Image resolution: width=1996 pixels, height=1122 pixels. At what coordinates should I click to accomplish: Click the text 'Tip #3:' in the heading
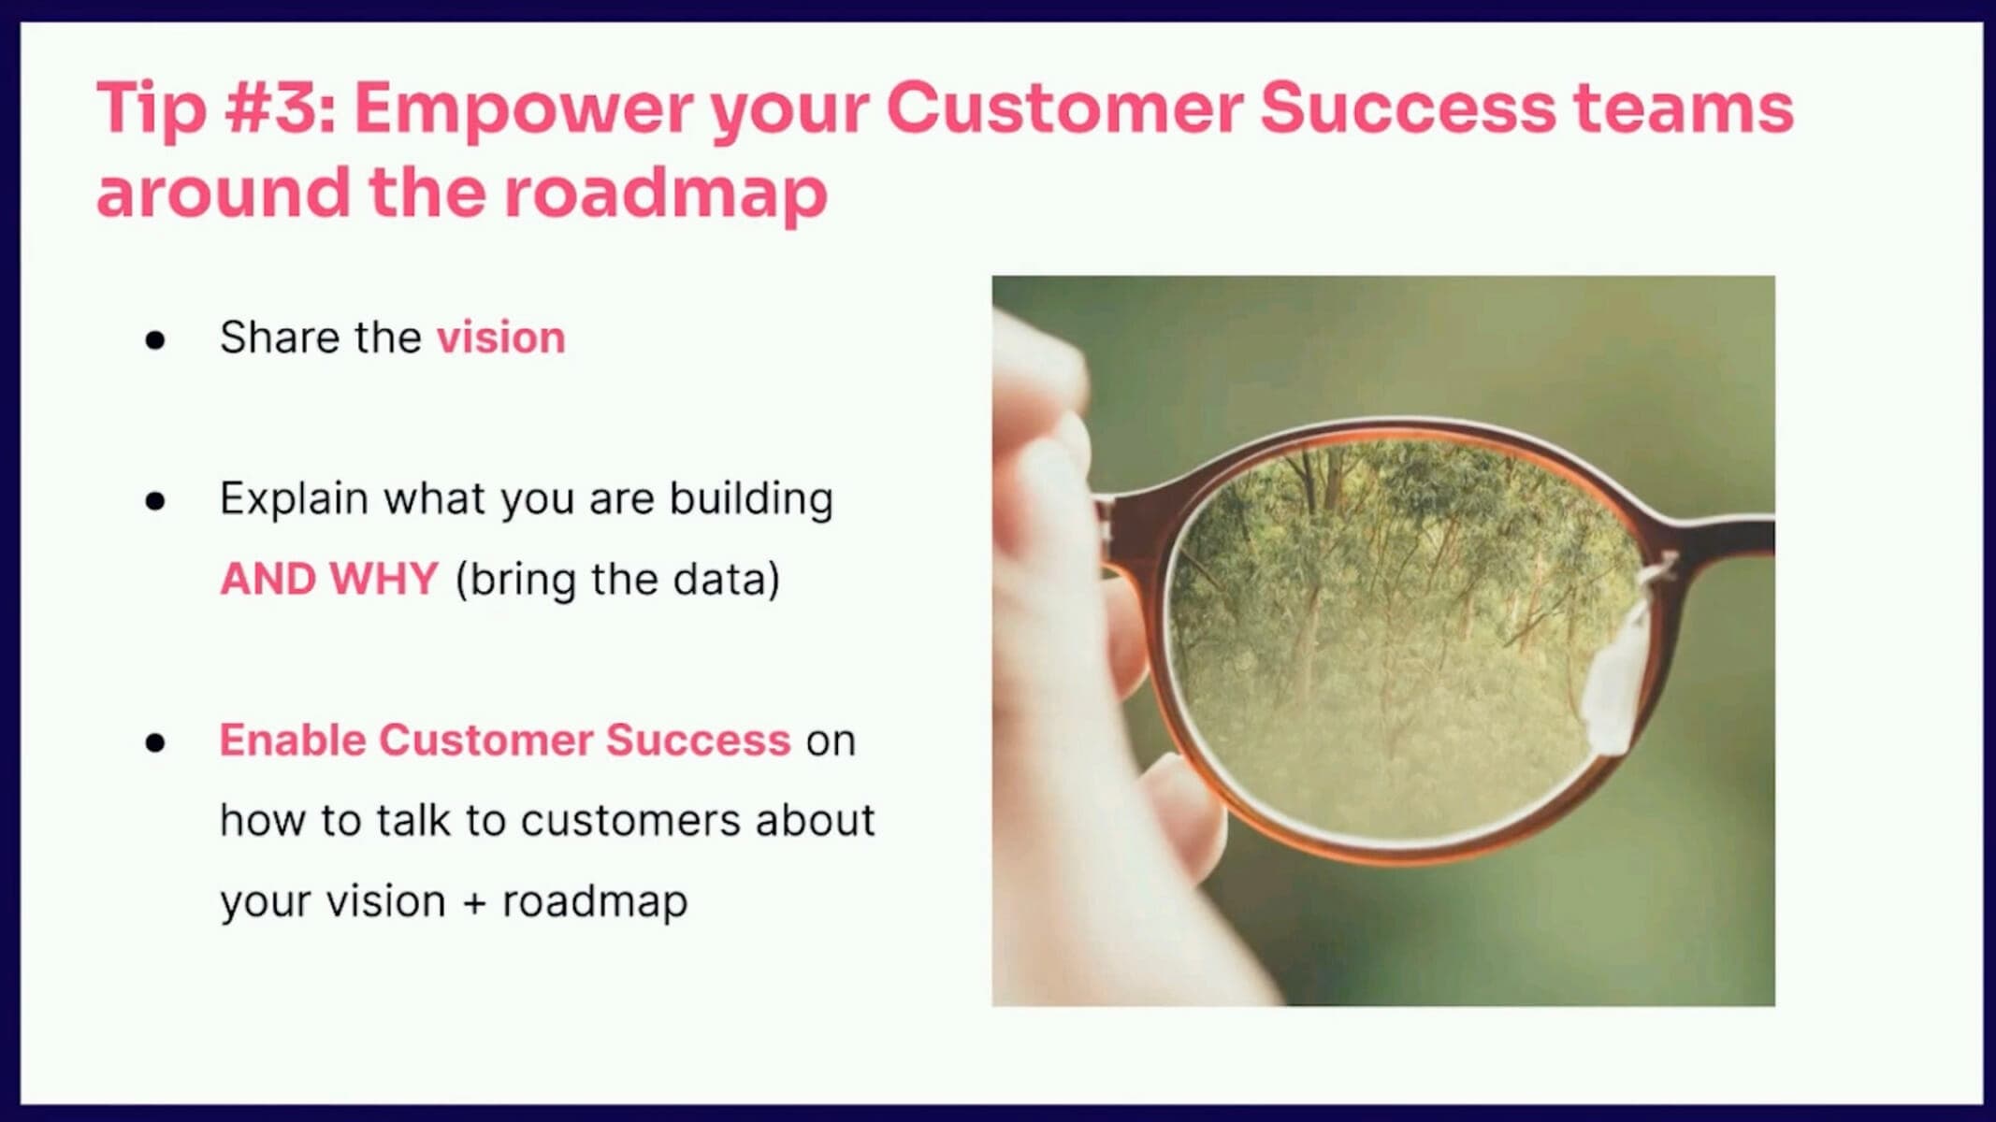(216, 108)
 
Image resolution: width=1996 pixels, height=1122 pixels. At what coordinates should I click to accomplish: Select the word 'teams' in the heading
(1683, 108)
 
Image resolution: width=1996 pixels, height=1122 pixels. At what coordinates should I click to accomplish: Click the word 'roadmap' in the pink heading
(666, 194)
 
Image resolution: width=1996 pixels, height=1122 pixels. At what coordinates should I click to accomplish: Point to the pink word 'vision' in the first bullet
(501, 338)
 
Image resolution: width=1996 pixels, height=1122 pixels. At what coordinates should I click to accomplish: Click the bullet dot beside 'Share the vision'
(155, 340)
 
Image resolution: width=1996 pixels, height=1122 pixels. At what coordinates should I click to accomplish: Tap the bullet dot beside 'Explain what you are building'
(155, 501)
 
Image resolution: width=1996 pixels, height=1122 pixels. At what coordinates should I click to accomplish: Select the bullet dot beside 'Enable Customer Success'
(155, 742)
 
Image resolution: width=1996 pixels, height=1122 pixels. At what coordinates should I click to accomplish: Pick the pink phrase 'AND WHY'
(329, 579)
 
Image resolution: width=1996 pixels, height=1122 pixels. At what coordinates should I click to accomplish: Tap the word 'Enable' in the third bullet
(292, 740)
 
